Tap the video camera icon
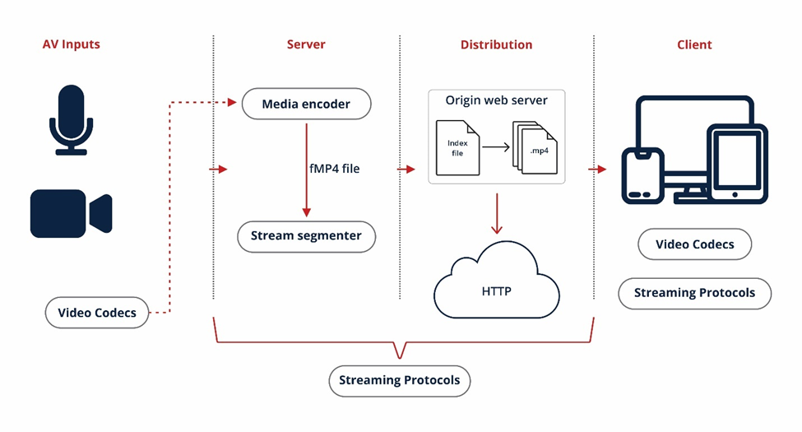tap(71, 213)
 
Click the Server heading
tap(306, 44)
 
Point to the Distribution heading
tap(496, 44)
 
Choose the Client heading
tap(694, 44)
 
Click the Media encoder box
tap(306, 105)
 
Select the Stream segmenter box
tap(306, 236)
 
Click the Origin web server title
tap(497, 100)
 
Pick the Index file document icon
tap(457, 148)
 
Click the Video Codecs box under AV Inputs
tap(97, 313)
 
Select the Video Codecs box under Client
tap(694, 244)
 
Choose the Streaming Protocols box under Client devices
tap(694, 293)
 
